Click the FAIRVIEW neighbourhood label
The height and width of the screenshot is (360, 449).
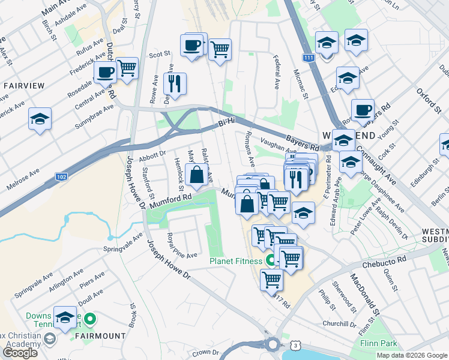coord(24,86)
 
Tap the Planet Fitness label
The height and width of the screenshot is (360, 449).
coord(236,261)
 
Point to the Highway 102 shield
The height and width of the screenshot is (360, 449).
coord(61,177)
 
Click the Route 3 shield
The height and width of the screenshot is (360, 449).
coord(294,345)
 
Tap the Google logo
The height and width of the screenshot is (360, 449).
coord(20,352)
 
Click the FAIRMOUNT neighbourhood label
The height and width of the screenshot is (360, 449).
coord(101,336)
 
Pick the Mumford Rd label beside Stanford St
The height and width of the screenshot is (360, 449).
coord(170,200)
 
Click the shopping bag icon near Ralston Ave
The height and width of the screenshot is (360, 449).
coord(196,176)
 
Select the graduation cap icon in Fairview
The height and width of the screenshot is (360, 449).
coord(40,119)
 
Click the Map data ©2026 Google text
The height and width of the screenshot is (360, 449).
coord(412,355)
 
